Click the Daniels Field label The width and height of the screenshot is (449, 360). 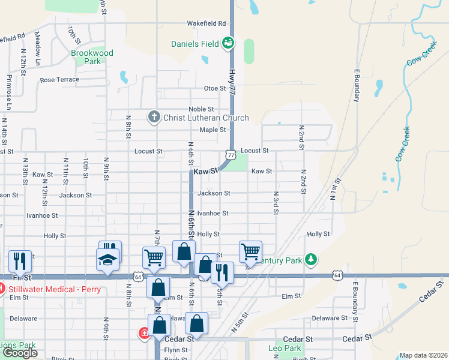[195, 43]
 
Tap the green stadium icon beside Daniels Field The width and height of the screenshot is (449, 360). [228, 43]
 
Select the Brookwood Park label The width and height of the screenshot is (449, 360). [92, 57]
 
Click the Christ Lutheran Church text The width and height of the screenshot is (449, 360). [206, 118]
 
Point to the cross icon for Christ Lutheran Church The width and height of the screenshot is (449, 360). [154, 117]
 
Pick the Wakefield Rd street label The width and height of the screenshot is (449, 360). [206, 23]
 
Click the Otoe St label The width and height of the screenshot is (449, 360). [214, 88]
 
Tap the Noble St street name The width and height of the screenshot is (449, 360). [201, 109]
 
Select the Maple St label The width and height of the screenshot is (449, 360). [212, 130]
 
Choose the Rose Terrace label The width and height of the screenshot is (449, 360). [59, 80]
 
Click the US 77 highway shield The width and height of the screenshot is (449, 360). [231, 155]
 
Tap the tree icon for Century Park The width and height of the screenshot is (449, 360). [310, 259]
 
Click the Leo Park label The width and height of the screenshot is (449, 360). [284, 348]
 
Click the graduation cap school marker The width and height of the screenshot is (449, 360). [108, 259]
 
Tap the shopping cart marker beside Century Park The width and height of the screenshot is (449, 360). [250, 251]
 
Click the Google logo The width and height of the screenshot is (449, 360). [20, 353]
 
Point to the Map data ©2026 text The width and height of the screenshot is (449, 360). [423, 355]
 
